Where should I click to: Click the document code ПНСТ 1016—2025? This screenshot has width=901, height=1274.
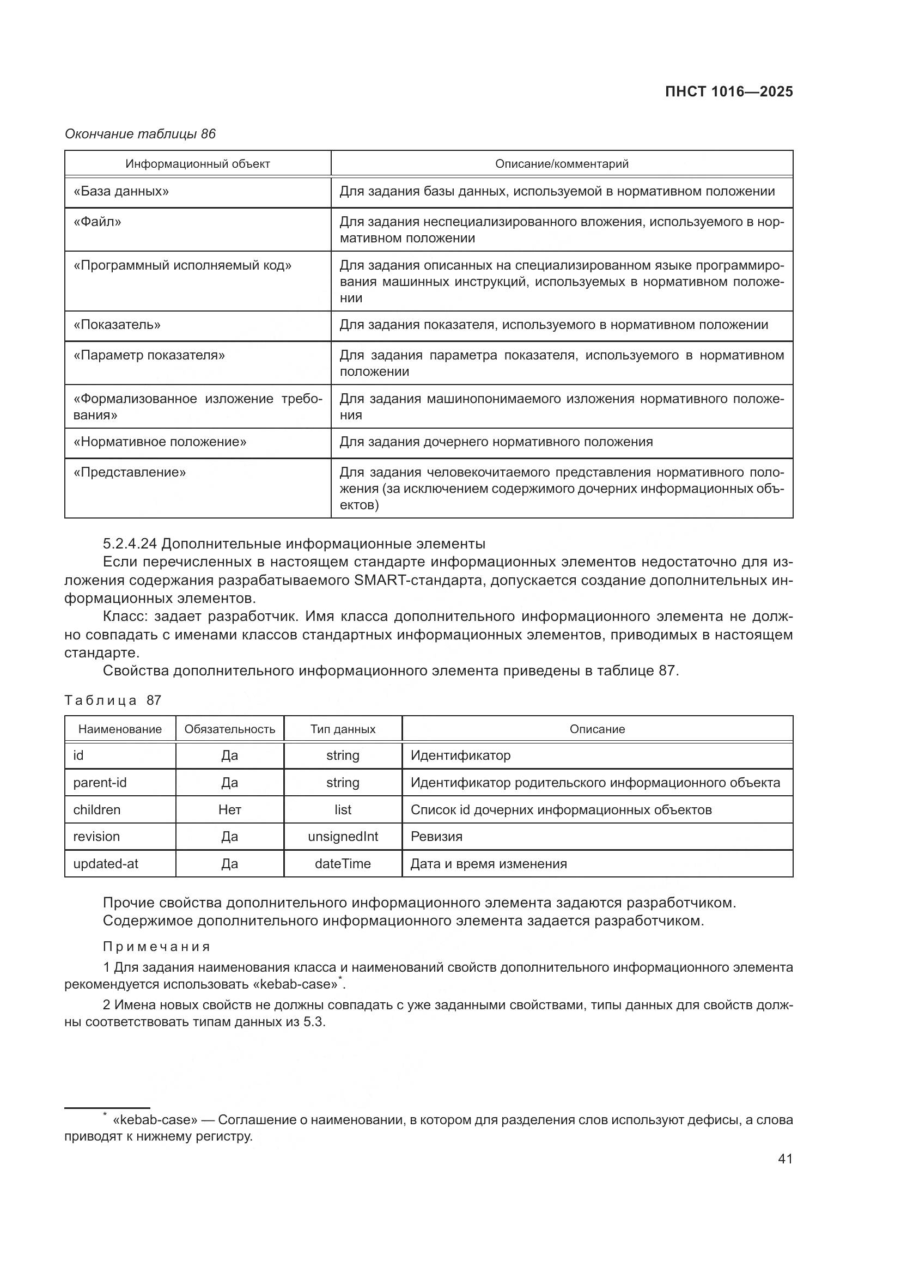728,92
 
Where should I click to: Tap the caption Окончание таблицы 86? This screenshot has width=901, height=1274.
140,134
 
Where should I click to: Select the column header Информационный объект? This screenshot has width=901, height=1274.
198,164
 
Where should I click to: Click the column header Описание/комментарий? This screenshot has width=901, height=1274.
562,164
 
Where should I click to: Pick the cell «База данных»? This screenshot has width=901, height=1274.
121,191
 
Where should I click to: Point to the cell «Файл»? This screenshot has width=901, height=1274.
97,222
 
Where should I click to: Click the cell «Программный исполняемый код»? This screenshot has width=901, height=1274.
182,265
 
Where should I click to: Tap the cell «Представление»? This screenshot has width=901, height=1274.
129,472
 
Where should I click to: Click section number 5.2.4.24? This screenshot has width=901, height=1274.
129,543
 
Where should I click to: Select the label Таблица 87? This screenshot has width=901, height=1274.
113,700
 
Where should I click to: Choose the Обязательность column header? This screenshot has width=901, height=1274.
230,729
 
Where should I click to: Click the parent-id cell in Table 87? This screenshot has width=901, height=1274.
100,782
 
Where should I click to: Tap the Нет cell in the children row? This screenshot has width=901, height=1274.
230,809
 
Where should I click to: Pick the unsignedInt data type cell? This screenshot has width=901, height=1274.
343,836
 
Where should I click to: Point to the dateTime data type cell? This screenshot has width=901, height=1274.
343,863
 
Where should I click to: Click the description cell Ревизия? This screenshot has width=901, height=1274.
436,836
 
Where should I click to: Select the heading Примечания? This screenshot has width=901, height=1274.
156,947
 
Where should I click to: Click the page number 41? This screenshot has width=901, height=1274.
785,1159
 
